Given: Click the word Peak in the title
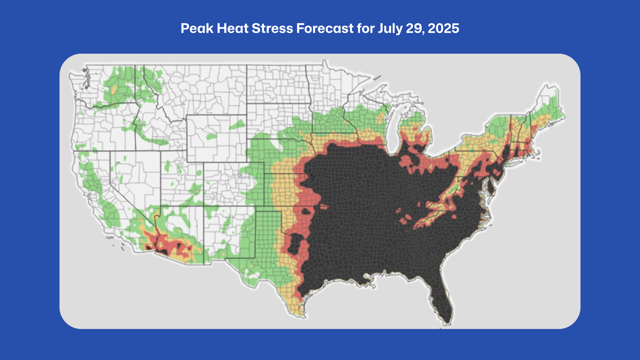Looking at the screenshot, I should click(197, 29).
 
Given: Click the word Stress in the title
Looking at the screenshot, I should click(272, 29).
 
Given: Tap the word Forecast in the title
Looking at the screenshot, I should click(325, 29).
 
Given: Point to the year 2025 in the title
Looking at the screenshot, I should click(443, 29).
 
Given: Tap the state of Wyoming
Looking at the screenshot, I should click(216, 138).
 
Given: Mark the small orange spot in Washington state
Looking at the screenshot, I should click(114, 89).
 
